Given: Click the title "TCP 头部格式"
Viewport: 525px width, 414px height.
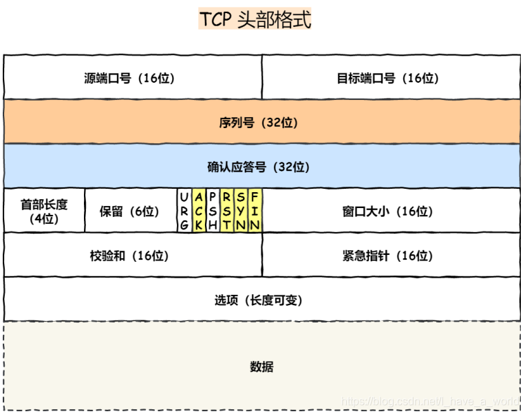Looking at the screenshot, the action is pyautogui.click(x=255, y=19).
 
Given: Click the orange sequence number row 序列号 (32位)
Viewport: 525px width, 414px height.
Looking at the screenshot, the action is pyautogui.click(x=262, y=123).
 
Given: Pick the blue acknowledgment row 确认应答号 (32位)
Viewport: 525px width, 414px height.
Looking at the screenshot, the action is pyautogui.click(x=262, y=167).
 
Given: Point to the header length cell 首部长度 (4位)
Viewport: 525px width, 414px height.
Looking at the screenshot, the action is pyautogui.click(x=44, y=211).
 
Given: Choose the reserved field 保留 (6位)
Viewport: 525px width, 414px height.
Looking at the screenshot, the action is pyautogui.click(x=129, y=211).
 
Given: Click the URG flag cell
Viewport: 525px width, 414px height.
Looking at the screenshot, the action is pyautogui.click(x=184, y=211).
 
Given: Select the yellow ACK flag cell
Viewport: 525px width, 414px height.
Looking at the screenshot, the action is pyautogui.click(x=199, y=211).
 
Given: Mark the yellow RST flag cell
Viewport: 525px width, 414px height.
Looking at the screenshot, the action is pyautogui.click(x=227, y=211).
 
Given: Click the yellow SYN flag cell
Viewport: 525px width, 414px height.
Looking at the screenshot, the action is pyautogui.click(x=241, y=211).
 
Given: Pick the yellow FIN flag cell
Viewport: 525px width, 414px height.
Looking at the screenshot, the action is pyautogui.click(x=255, y=211).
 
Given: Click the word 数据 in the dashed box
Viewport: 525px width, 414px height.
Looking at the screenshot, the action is pyautogui.click(x=261, y=366).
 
